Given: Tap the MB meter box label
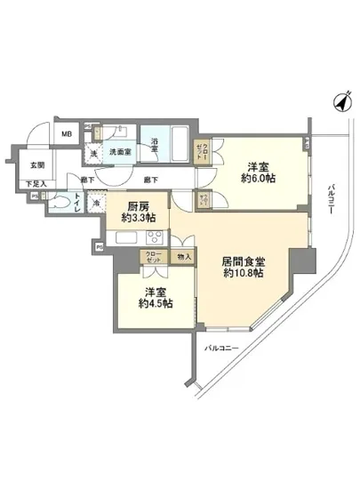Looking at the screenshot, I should [x=67, y=134].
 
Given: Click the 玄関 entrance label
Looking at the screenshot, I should [x=36, y=164].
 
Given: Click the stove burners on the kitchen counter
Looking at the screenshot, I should [x=154, y=237].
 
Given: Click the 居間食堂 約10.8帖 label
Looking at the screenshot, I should [x=243, y=268].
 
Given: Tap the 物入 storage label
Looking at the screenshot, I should [x=184, y=257].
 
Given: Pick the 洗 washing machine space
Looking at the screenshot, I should [x=94, y=151].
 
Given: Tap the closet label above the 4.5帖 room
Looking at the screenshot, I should [x=154, y=258].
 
